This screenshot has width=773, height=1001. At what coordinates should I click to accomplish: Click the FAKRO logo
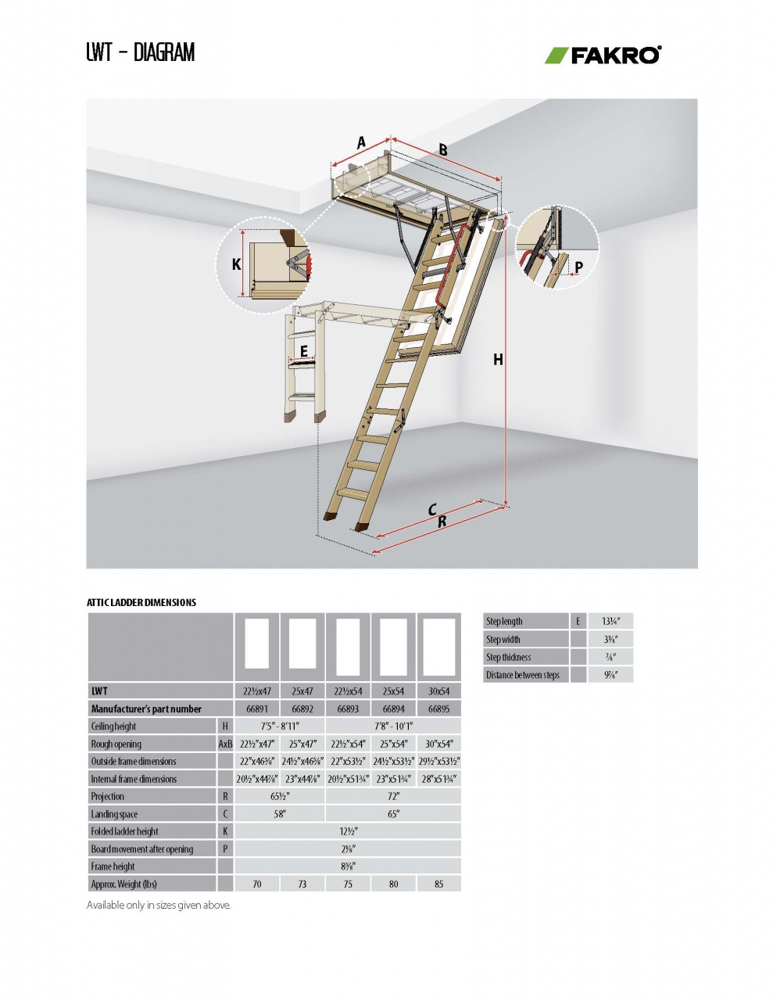point(603,55)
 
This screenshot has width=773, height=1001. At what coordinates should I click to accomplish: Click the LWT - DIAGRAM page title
point(141,52)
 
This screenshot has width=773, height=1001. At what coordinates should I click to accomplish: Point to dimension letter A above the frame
point(361,142)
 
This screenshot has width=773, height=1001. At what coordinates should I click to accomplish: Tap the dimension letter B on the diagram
point(442,150)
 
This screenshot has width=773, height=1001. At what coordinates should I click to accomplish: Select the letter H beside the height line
point(497,360)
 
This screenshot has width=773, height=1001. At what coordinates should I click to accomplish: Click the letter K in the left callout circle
point(236,264)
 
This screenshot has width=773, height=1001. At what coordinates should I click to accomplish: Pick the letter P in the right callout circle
point(578,267)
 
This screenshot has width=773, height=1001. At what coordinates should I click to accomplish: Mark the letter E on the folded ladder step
point(304,352)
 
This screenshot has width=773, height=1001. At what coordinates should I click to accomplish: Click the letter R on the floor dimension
point(442,522)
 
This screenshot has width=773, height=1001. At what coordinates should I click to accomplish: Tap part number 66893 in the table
point(348,709)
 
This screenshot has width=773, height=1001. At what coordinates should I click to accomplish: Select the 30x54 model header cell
point(438,691)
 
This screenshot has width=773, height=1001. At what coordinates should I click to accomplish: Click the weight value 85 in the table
point(438,884)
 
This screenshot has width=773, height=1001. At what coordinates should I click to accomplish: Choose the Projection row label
point(108,796)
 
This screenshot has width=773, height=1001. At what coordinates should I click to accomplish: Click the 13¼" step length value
point(611,622)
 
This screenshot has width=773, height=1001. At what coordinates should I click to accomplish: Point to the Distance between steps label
point(523,675)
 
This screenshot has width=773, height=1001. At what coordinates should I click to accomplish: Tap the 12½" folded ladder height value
point(348,831)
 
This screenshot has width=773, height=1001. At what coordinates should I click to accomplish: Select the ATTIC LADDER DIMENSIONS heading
point(141,602)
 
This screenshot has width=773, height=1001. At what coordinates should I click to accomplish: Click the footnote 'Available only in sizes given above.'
point(159,906)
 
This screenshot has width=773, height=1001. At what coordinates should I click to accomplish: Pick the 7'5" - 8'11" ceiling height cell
point(280,727)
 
